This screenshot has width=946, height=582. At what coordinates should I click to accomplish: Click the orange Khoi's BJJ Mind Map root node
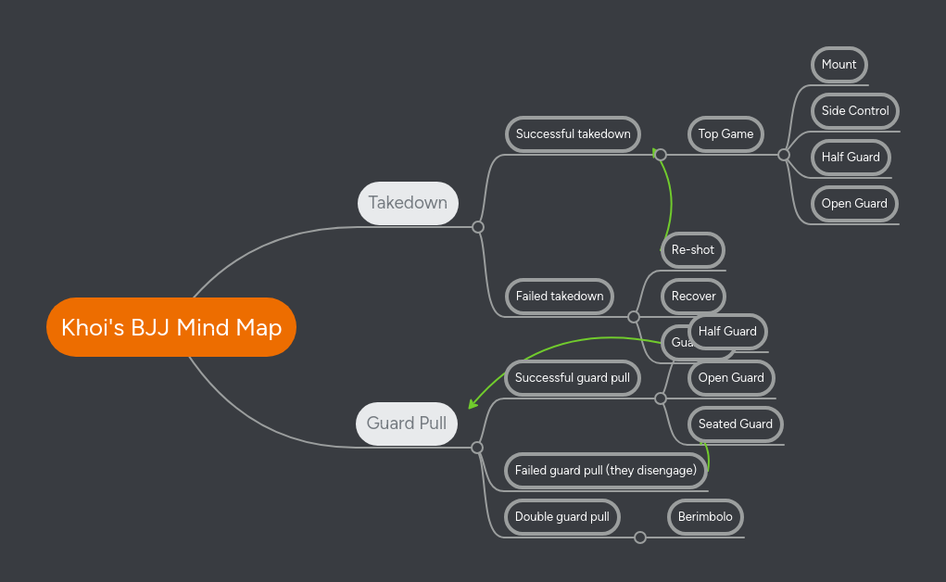point(171,327)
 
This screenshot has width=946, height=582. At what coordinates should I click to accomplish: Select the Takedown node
point(408,203)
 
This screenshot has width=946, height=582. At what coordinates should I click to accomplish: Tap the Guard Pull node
point(407,424)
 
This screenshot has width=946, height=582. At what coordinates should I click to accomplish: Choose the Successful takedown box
point(574,134)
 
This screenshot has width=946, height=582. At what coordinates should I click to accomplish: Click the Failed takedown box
point(560,297)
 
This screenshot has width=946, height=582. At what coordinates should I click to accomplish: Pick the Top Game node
point(725,134)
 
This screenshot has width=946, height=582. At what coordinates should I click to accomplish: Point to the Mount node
point(839,65)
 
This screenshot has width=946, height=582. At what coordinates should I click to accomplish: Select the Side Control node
point(854,111)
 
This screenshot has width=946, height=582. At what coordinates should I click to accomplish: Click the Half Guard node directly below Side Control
point(850,158)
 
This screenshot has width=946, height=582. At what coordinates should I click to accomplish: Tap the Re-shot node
point(693,250)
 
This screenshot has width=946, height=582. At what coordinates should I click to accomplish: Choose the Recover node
point(693,297)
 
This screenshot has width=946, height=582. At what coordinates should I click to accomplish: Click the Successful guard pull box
point(573,378)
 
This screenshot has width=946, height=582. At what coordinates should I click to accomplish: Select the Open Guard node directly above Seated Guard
point(731,378)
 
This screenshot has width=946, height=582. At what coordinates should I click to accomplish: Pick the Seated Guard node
point(736,424)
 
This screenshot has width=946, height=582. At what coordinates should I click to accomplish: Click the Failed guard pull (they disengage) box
point(606,471)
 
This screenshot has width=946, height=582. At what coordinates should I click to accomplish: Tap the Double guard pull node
point(562,517)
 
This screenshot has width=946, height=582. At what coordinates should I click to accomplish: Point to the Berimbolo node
point(705,517)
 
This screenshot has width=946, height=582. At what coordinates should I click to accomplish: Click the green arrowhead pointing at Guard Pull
point(473,404)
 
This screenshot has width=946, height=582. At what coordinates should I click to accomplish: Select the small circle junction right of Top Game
point(784,155)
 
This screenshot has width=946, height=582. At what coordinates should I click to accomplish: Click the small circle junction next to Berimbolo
point(640,538)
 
